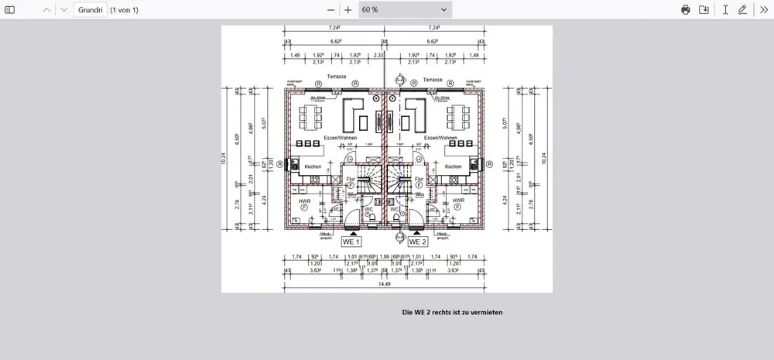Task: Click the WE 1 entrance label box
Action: point(352,242)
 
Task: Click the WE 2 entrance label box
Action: point(418,242)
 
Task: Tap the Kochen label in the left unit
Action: point(313,166)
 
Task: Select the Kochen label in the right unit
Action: point(454,166)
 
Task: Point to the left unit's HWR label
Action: point(304,201)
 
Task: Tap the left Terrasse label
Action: point(336,78)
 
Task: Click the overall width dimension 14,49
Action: point(385,284)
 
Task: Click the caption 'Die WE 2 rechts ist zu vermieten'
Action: point(453,313)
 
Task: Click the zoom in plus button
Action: point(348,9)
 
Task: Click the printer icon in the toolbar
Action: point(685,9)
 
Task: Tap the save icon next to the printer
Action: point(704,9)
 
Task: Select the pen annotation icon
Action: point(743,9)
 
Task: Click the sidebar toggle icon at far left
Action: point(10,9)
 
